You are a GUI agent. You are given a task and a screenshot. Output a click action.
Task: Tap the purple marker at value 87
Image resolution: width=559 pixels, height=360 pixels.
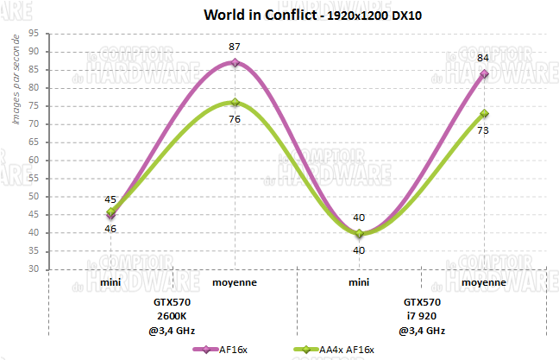(236, 62)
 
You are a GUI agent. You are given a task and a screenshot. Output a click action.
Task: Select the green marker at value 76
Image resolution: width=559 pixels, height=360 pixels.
(236, 102)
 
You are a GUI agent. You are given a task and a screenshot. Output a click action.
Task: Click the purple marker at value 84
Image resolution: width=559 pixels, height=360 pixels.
(484, 73)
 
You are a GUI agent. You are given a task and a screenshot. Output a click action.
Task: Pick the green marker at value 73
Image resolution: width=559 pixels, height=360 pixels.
(484, 113)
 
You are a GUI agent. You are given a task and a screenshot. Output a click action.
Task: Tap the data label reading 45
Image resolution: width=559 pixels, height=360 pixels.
(110, 199)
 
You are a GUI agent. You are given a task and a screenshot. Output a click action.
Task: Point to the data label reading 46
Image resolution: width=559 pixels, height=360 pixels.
(110, 229)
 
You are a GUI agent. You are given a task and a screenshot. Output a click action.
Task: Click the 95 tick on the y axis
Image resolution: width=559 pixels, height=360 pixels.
(33, 34)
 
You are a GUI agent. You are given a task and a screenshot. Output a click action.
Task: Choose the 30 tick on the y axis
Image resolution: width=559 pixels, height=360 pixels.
(33, 269)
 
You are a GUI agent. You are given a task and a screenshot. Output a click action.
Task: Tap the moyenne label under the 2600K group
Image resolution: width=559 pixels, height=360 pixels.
(236, 282)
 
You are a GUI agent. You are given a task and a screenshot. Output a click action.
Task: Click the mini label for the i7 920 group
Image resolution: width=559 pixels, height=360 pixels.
(360, 282)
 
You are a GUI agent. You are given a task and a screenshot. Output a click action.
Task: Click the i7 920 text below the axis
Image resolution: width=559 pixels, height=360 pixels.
(422, 316)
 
